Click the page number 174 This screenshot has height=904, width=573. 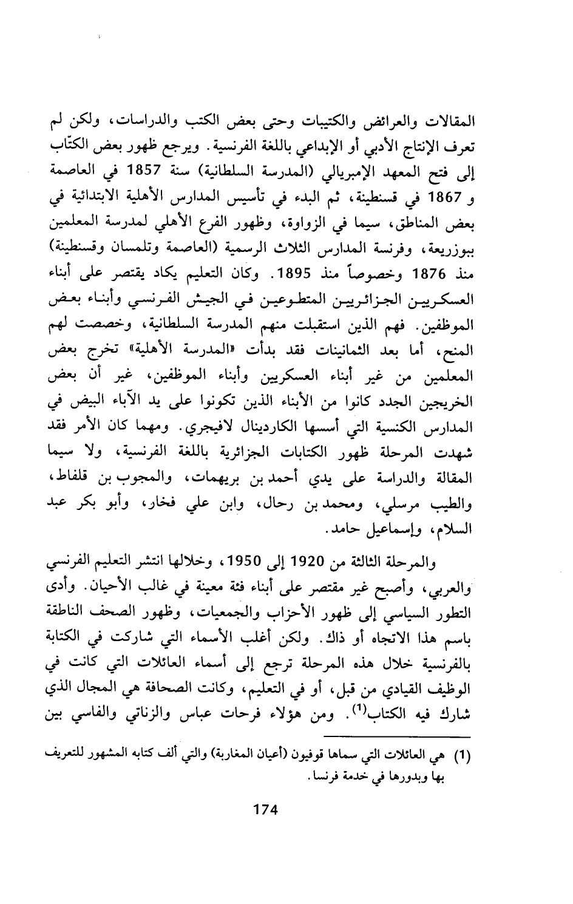point(265,809)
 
